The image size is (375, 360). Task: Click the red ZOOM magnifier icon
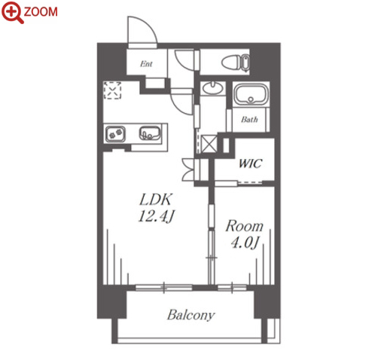11,11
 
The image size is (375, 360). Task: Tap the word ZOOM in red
41,12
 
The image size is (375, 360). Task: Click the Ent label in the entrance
146,64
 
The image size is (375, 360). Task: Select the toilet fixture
236,63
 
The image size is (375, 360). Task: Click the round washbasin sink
213,87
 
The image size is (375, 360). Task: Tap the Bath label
249,119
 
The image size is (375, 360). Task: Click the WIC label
250,163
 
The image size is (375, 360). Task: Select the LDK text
156,200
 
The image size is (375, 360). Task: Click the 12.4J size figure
156,215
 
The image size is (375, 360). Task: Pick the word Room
244,226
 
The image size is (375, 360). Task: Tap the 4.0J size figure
244,243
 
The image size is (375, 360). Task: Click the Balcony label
191,315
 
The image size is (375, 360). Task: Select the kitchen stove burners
115,134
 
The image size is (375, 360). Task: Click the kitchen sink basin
150,133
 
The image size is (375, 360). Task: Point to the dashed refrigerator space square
113,90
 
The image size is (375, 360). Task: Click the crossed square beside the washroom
209,144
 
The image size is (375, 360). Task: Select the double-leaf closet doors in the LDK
188,169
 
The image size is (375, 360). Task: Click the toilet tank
245,63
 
